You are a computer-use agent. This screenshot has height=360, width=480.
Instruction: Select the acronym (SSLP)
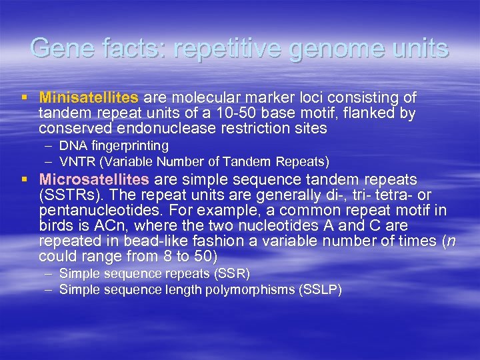[321, 289]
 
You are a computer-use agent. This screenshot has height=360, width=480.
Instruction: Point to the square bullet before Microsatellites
[24, 180]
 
